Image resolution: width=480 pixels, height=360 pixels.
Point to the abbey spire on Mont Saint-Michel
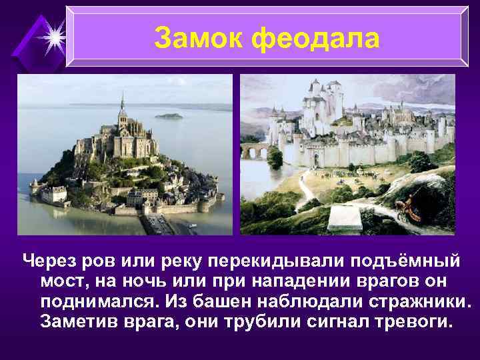[x=122, y=103]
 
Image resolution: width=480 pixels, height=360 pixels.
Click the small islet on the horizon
[x=169, y=116]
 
